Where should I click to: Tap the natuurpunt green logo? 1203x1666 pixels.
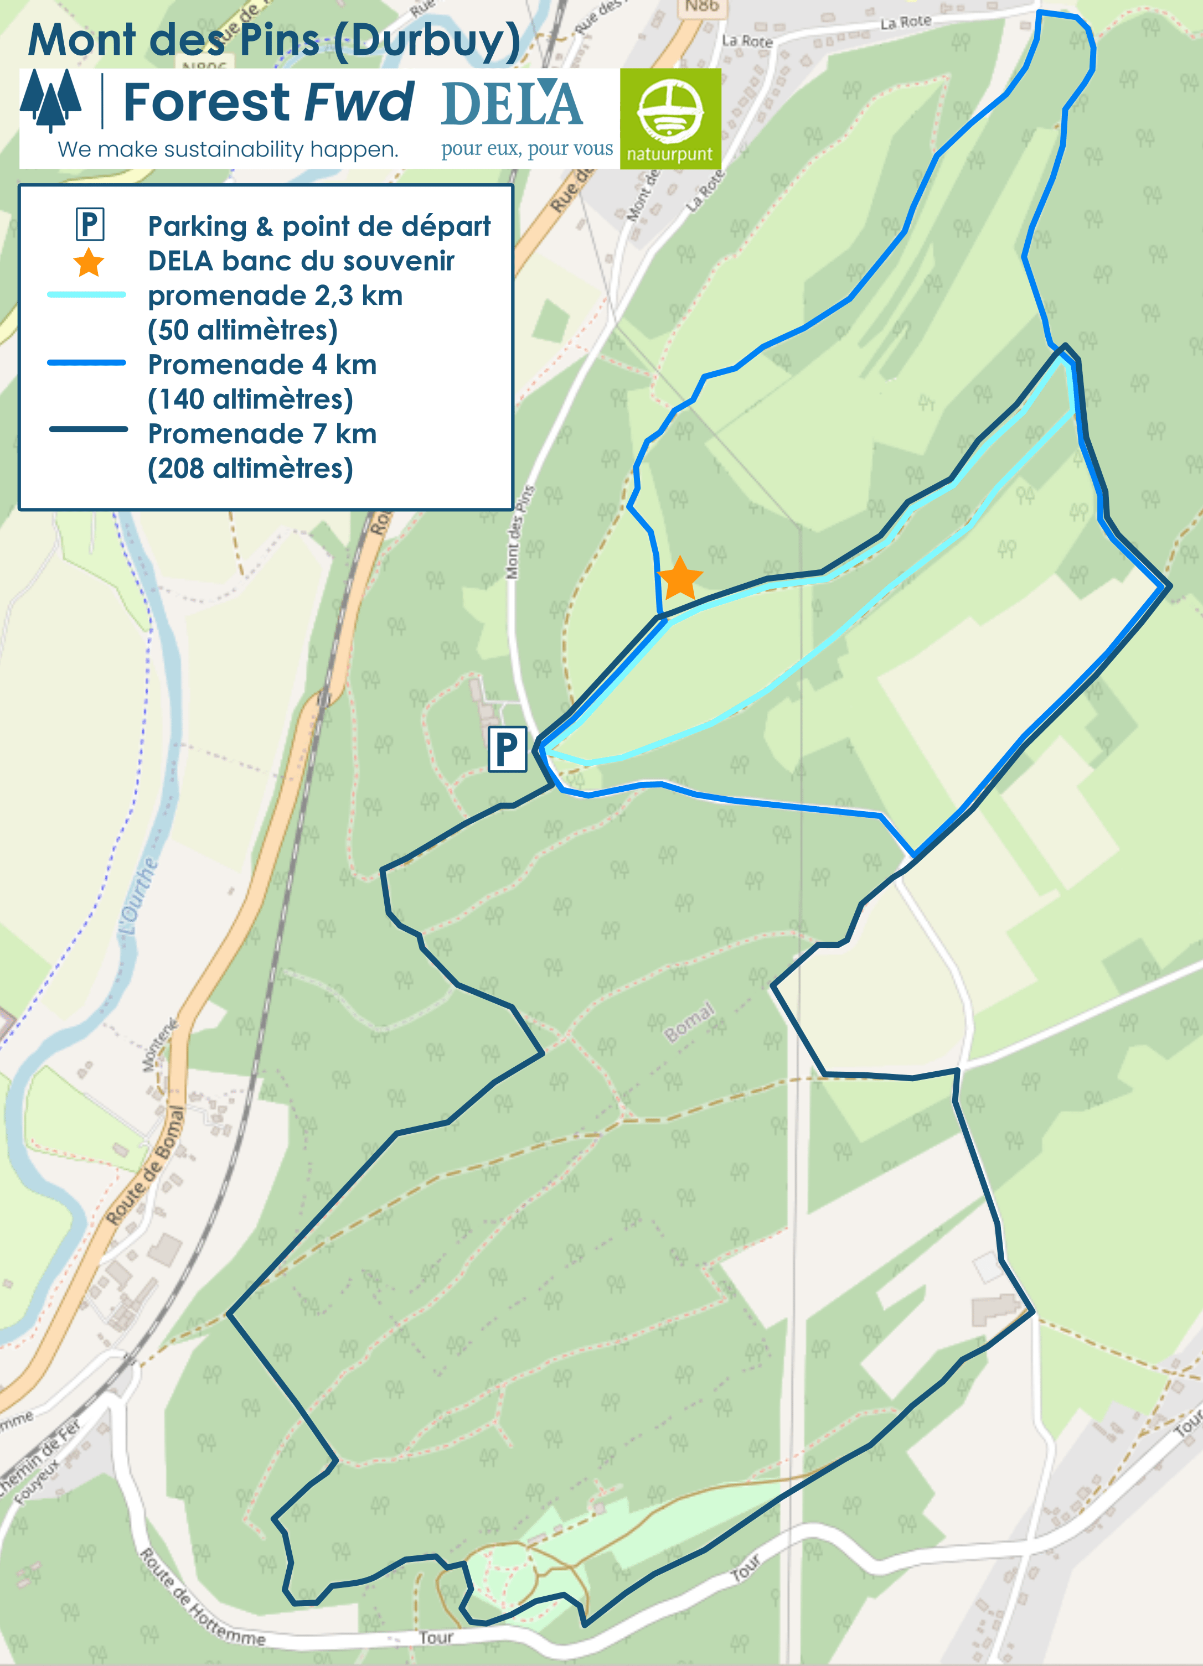[670, 118]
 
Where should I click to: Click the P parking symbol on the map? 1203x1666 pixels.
[507, 749]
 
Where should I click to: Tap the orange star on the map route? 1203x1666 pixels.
[680, 578]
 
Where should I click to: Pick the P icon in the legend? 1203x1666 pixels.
[90, 224]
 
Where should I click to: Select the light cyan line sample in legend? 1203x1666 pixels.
[87, 294]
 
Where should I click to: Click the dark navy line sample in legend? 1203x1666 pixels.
[88, 429]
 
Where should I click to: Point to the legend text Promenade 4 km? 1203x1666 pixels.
[262, 364]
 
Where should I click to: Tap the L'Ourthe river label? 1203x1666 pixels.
[138, 896]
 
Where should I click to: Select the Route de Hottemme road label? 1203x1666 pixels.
[202, 1600]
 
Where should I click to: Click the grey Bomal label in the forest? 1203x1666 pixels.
[689, 1022]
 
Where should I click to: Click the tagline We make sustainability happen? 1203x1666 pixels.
[228, 149]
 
